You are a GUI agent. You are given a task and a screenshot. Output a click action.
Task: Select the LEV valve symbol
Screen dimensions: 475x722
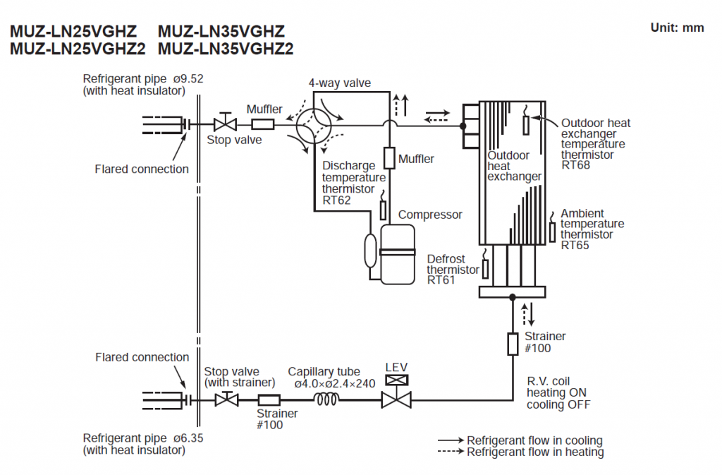coord(393,399)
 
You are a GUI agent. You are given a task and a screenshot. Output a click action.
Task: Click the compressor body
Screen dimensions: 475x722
coord(398,254)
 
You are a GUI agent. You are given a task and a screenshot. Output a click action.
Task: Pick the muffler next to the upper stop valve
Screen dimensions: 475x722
coord(262,125)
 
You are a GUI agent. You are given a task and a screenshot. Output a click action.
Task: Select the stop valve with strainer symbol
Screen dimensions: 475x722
coord(226,399)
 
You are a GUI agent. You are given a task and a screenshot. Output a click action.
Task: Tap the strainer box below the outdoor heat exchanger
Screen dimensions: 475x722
coord(513,344)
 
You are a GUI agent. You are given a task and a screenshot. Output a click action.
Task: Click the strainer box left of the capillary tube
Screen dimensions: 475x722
coord(267,399)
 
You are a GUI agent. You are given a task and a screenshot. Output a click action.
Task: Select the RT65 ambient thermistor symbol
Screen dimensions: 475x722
coord(553,230)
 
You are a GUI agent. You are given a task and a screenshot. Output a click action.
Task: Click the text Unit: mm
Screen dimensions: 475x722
coord(676,28)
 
